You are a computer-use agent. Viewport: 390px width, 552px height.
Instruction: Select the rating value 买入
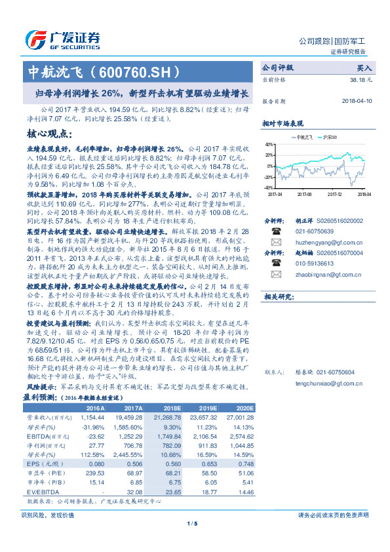[364, 68]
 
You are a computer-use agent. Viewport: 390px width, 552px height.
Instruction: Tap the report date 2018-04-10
[357, 102]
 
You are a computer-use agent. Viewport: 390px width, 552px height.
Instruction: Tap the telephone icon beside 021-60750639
[277, 231]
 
